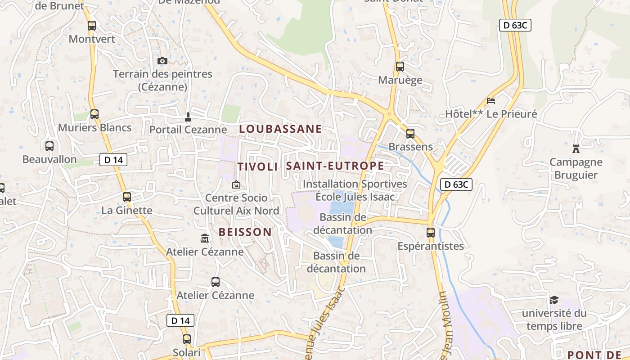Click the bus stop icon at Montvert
point(92,26)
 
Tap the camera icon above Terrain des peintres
point(162,61)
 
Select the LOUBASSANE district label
point(280,129)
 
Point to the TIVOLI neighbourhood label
point(257,166)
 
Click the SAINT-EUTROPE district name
point(335,166)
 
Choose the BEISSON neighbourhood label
point(245,232)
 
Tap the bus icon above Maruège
point(400,67)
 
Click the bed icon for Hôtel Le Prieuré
point(491,101)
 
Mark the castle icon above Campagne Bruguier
point(576,148)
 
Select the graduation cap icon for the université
point(554,300)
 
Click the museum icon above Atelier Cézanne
point(205,238)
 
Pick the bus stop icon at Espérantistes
point(431,233)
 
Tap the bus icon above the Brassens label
point(410,134)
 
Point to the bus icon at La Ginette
point(127,197)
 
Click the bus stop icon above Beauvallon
point(49,146)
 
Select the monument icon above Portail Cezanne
point(188,117)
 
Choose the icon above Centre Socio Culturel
point(236,184)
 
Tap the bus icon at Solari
point(187,339)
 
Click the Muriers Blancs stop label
point(94,128)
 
